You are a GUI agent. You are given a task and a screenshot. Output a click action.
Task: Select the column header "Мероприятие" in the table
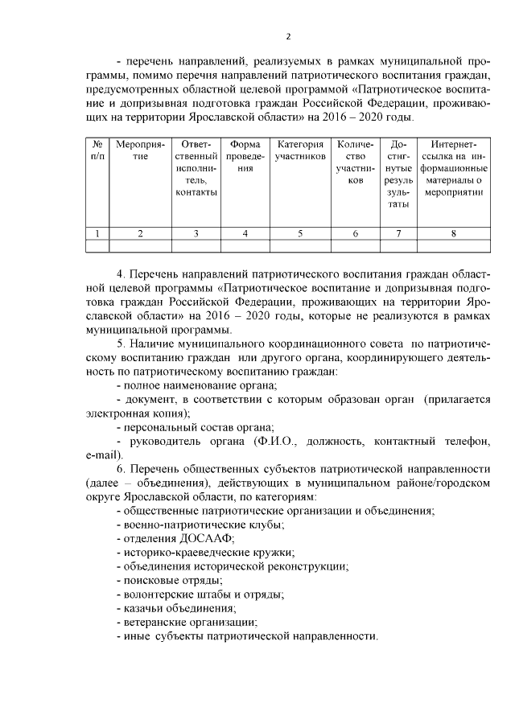point(140,150)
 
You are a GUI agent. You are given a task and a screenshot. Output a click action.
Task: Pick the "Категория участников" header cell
point(299,150)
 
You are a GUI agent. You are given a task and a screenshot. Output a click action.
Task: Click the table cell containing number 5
point(299,233)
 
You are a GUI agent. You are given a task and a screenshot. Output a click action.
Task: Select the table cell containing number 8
point(454,233)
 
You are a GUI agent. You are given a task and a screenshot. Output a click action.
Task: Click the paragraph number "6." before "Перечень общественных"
point(121,469)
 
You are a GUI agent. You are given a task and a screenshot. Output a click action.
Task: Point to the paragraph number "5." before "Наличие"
point(121,344)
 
